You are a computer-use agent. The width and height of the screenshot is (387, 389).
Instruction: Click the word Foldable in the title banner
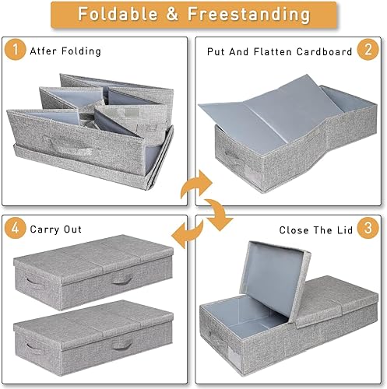pos(118,14)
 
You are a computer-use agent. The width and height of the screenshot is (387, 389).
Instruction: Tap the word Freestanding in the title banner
pos(249,15)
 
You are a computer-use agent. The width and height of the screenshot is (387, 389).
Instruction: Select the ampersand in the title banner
pos(172,14)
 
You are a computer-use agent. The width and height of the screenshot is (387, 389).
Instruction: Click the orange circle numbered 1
pos(16,49)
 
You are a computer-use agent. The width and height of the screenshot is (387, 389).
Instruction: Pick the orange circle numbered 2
pos(368,49)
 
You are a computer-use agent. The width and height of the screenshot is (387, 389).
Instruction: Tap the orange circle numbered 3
pos(368,228)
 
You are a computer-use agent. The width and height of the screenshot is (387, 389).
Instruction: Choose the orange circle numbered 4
pos(16,228)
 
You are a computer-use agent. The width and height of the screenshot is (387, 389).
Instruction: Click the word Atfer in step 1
pos(43,51)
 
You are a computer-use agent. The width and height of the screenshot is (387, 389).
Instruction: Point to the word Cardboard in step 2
pos(324,51)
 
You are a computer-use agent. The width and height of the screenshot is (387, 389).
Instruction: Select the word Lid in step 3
pos(345,230)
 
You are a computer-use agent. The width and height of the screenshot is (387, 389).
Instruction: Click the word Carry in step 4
pos(44,230)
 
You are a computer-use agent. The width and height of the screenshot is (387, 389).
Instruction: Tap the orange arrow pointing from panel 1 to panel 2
pos(196,184)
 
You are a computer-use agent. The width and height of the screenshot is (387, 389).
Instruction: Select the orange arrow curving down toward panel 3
pos(219,214)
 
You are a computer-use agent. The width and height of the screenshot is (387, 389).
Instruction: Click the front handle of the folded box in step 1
pos(68,145)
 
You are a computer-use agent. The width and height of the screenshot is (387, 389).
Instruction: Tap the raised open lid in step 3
pos(275,279)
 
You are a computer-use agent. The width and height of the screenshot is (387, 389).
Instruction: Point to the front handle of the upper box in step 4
pos(122,280)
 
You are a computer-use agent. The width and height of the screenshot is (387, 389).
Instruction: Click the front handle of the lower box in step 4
pos(122,345)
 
